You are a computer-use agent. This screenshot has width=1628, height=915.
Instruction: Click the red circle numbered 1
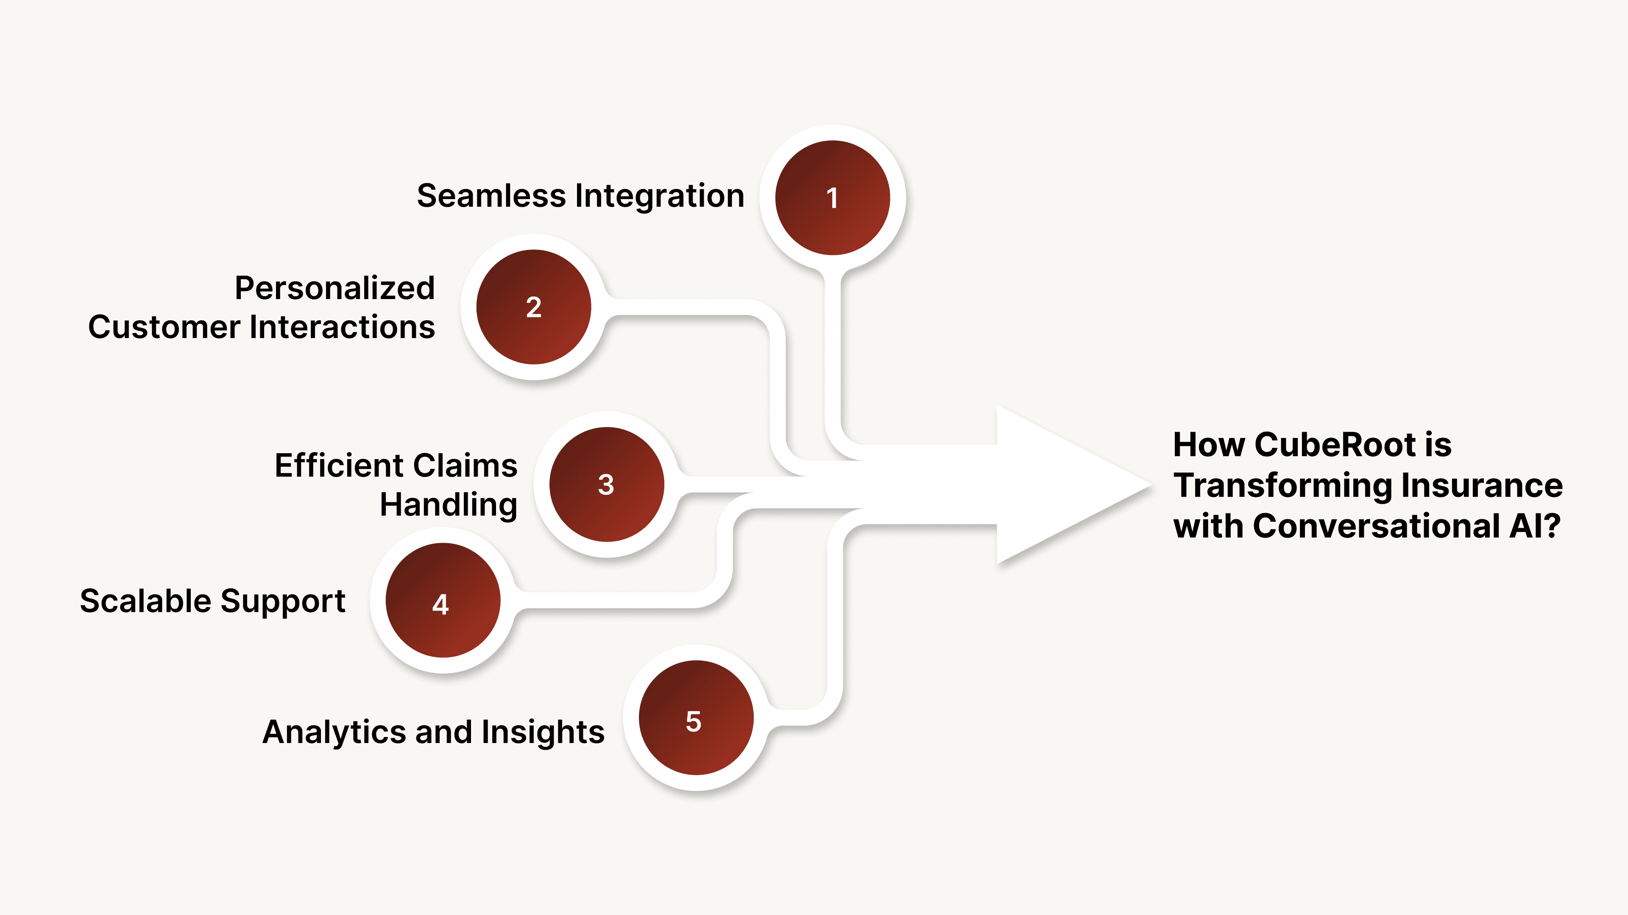point(832,198)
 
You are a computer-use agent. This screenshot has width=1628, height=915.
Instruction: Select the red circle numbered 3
point(606,484)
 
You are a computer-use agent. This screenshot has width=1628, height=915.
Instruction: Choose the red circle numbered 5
point(696,718)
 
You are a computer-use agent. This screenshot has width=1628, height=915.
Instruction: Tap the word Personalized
point(335,288)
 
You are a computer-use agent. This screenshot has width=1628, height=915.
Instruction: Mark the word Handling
point(448,505)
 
